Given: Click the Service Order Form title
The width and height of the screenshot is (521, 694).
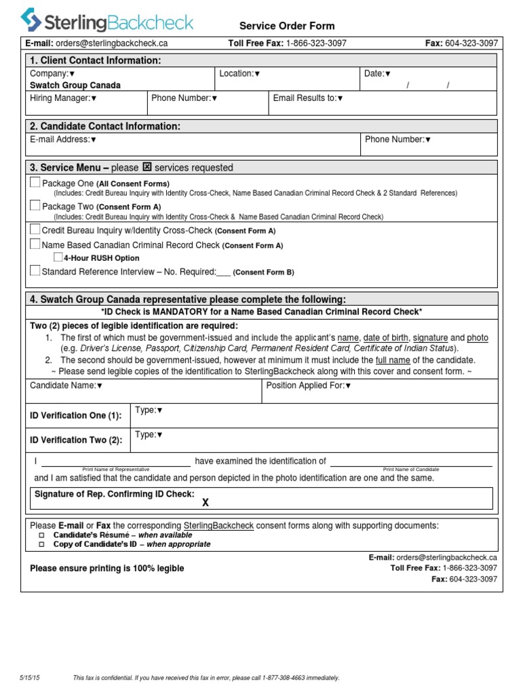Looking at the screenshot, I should pos(287,26).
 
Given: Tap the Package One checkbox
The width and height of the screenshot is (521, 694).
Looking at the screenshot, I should pos(35,182).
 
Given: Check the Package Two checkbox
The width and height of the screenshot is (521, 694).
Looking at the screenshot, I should pos(35,205).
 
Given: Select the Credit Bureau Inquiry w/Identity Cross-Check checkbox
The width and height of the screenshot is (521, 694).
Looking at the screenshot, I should pos(35,229).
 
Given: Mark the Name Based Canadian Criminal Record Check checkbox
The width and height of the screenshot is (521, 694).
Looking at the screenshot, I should pos(35,243).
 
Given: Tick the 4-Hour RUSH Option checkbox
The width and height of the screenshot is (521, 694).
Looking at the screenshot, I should pos(58,258).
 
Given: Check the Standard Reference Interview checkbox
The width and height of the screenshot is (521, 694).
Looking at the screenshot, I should pos(35,271).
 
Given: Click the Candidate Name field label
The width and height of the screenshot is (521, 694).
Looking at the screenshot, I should pos(66,386).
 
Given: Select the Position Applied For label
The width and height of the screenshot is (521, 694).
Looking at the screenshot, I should pos(309,386).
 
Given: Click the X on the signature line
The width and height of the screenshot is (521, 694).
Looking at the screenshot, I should pos(206,502).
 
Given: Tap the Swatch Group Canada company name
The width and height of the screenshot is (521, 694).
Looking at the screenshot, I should pos(75,85).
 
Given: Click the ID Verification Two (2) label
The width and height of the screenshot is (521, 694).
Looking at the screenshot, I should pos(76,440).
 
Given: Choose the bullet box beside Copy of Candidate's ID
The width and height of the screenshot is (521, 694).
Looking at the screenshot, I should pos(41,544).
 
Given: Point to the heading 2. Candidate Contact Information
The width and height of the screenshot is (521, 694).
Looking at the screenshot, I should pos(104,126).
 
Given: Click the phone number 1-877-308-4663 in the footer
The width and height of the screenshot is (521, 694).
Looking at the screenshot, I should pos(273,678).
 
